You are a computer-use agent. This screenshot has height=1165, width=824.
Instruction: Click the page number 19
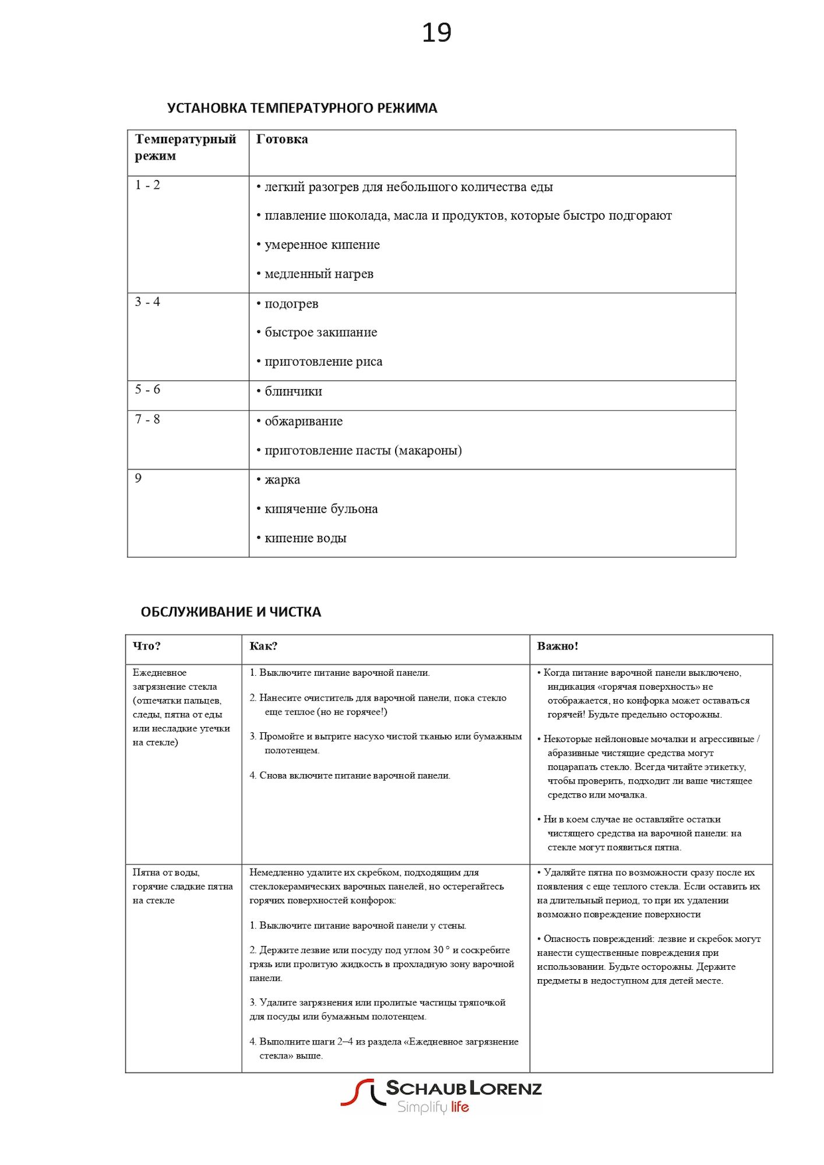coord(436,33)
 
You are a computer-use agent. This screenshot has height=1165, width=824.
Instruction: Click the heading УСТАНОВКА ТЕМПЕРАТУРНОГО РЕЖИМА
coord(302,108)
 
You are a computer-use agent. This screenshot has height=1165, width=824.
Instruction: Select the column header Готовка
coord(282,139)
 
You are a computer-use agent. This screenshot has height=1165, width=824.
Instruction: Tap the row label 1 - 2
coord(147,185)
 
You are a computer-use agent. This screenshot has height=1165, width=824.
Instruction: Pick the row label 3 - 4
coord(147,302)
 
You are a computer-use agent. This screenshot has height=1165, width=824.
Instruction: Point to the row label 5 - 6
coord(147,389)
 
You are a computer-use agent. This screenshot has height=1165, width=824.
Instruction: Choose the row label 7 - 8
coord(147,419)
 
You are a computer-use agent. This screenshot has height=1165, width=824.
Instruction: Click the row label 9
coord(138,478)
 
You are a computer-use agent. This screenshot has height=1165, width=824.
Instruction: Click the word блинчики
coord(293,391)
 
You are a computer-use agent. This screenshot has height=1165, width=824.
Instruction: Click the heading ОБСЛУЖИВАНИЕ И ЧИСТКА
coord(231,612)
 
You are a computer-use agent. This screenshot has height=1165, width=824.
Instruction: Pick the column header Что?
coord(146,646)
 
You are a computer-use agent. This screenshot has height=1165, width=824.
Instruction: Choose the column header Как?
coord(263,646)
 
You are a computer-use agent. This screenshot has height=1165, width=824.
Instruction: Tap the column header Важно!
coord(558,646)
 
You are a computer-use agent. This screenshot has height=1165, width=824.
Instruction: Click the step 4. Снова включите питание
coord(350,775)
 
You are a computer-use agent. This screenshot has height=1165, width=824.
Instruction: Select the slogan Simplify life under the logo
coord(433,1107)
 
